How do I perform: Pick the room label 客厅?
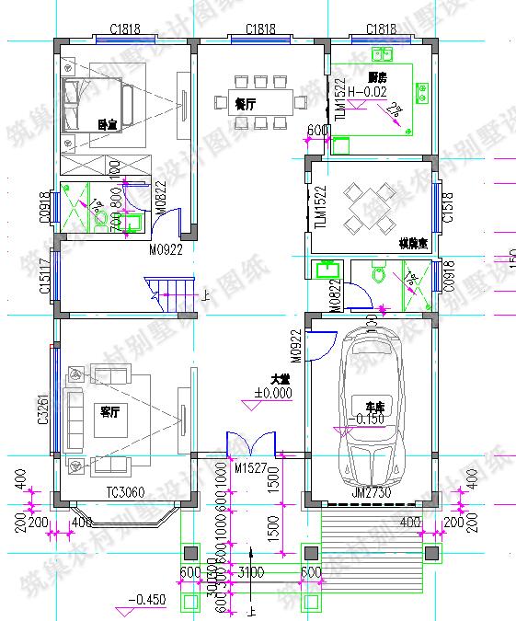click(110, 411)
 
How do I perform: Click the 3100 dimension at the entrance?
click(249, 573)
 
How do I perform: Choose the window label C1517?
click(44, 279)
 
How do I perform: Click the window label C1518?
click(448, 208)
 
